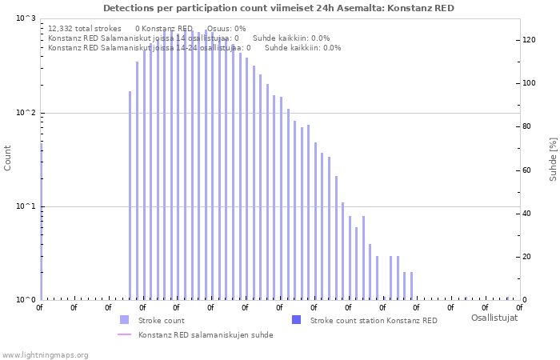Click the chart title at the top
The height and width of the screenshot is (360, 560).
[x=278, y=8]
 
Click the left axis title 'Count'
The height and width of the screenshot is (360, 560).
[x=8, y=158]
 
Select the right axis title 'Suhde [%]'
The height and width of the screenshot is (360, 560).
[x=553, y=158]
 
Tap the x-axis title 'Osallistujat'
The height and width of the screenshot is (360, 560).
[x=494, y=318]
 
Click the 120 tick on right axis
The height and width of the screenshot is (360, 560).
[x=529, y=40]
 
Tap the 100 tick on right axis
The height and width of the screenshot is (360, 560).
[x=529, y=83]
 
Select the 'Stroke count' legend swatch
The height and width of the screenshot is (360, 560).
[x=124, y=320]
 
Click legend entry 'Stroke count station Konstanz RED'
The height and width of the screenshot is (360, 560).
[x=374, y=320]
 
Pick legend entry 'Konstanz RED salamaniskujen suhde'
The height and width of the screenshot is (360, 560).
[x=206, y=334]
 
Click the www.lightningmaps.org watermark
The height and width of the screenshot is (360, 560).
[x=46, y=354]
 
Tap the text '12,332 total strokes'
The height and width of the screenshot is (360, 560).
[x=84, y=28]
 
